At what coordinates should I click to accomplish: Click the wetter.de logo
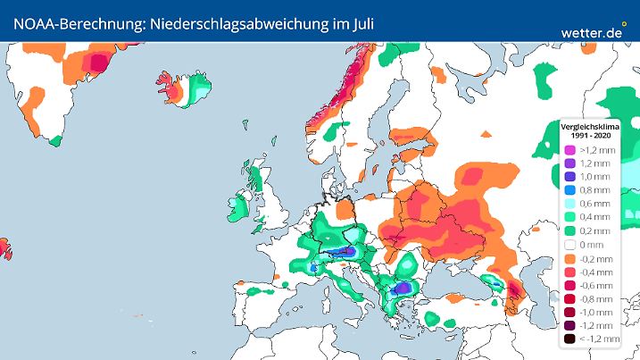[592, 32]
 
